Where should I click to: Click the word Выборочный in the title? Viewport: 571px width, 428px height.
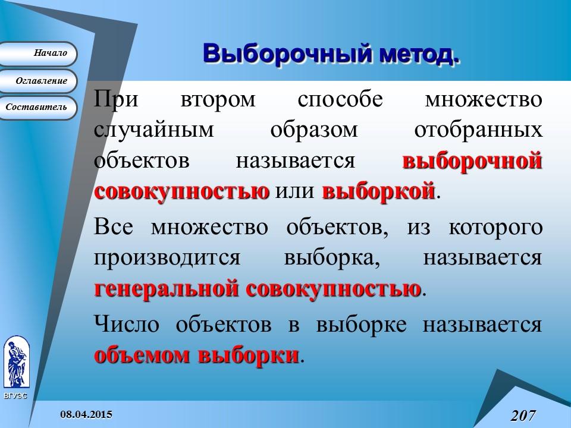click(285, 53)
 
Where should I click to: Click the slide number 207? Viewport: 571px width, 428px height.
click(523, 414)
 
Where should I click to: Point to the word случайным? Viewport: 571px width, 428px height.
click(153, 130)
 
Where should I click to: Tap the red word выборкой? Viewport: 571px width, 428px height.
click(379, 192)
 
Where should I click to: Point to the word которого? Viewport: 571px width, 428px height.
click(495, 228)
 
